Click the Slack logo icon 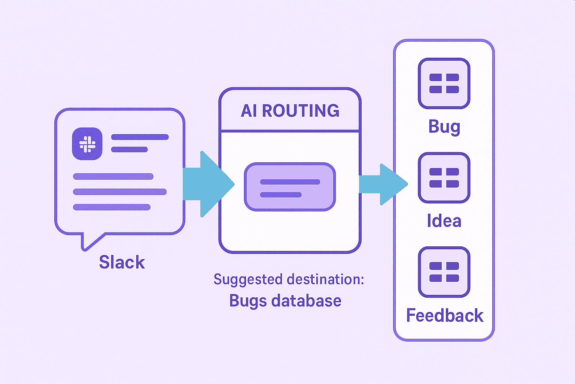[87, 144]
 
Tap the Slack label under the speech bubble [122, 262]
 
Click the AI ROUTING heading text [290, 111]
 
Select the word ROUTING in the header [301, 111]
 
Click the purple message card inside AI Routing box [290, 187]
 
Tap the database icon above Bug [444, 84]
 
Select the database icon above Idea [444, 178]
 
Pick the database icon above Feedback [444, 272]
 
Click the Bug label [444, 127]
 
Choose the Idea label [444, 221]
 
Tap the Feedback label [445, 316]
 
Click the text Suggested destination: [289, 280]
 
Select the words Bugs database [285, 301]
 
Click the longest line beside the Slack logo [140, 137]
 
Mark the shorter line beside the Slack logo [130, 150]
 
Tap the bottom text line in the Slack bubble [112, 207]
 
